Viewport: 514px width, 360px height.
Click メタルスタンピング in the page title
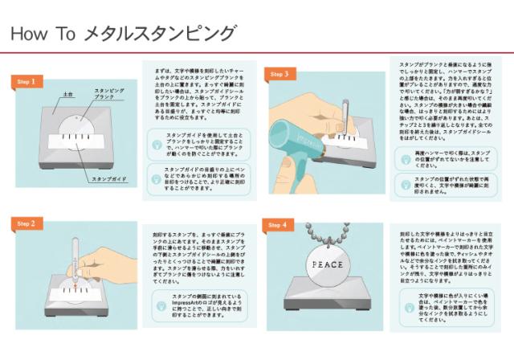[x=160, y=34]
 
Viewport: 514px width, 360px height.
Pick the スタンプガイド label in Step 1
[x=108, y=178]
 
